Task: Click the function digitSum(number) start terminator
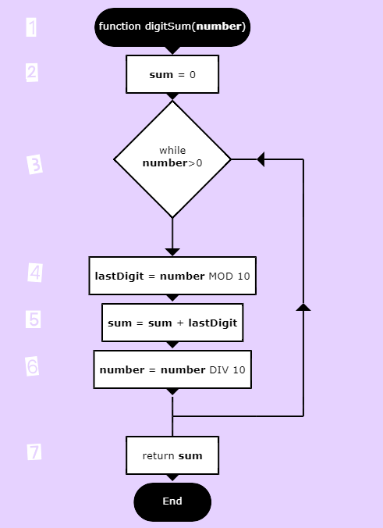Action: click(x=172, y=27)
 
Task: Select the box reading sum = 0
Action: click(x=172, y=74)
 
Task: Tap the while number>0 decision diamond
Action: click(x=172, y=159)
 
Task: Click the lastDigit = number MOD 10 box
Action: click(x=172, y=276)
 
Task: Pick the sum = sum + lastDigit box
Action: click(x=172, y=323)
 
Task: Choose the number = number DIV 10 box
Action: click(x=172, y=369)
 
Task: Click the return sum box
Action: click(x=172, y=455)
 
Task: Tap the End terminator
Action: click(x=172, y=501)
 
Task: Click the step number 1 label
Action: click(x=31, y=27)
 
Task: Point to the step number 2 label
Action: click(x=32, y=73)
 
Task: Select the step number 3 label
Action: click(x=34, y=164)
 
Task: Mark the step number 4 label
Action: click(x=35, y=273)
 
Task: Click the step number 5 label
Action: click(x=34, y=319)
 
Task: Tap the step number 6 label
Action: click(x=32, y=366)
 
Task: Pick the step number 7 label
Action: click(x=34, y=452)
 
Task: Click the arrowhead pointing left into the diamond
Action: click(x=261, y=159)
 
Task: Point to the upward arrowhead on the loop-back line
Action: click(x=303, y=307)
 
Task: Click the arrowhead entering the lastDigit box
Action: click(x=172, y=252)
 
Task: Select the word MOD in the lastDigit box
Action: click(x=221, y=276)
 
